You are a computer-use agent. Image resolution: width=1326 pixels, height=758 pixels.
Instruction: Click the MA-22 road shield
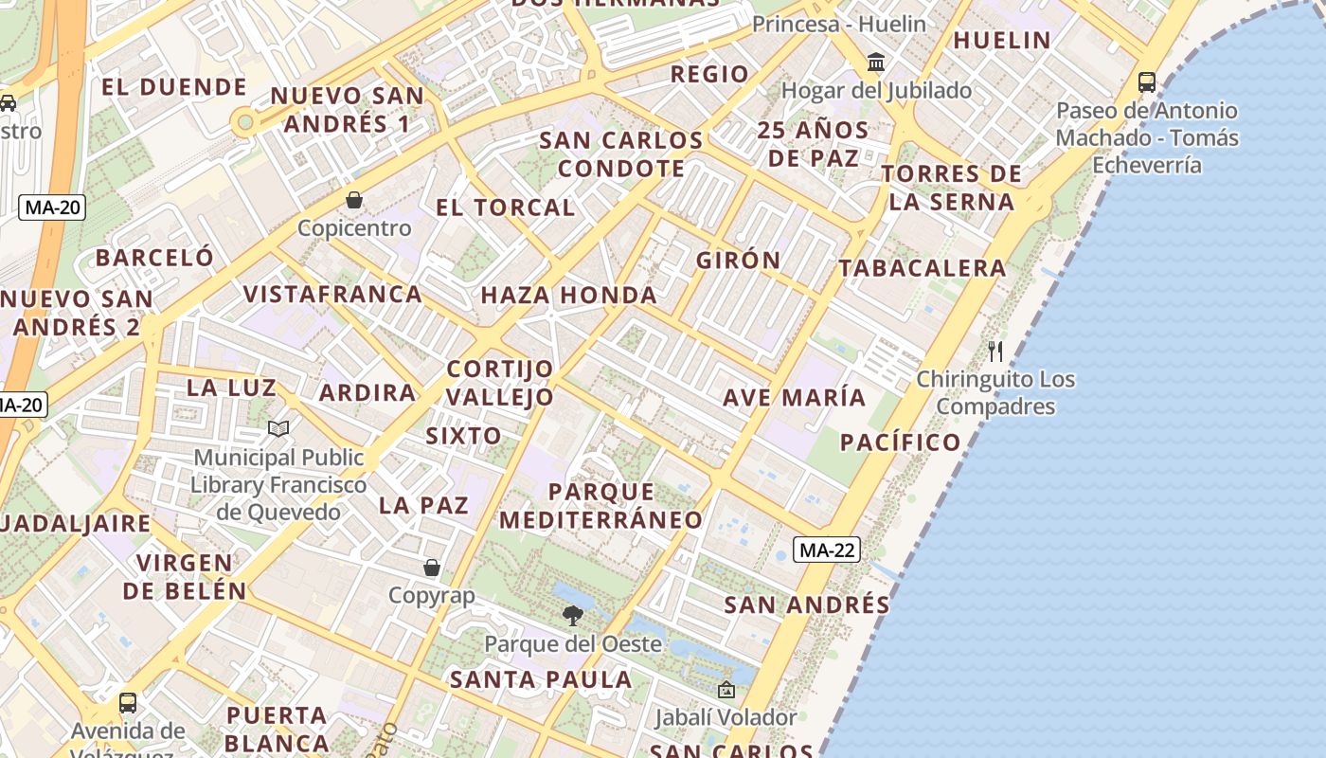pyautogui.click(x=827, y=550)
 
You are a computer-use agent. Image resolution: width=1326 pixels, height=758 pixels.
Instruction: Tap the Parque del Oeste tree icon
pyautogui.click(x=572, y=616)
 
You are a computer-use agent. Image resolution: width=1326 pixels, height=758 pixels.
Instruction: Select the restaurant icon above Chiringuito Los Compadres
pyautogui.click(x=995, y=352)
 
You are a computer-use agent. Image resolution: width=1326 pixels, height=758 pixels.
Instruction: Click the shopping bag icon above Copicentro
pyautogui.click(x=354, y=200)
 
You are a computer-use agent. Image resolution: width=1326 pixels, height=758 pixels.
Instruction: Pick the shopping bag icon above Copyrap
pyautogui.click(x=432, y=568)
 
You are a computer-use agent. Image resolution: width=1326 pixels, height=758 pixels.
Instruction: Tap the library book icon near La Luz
pyautogui.click(x=278, y=429)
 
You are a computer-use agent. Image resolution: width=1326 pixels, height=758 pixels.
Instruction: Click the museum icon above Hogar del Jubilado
pyautogui.click(x=876, y=63)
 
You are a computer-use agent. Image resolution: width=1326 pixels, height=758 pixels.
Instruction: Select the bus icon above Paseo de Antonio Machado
pyautogui.click(x=1147, y=82)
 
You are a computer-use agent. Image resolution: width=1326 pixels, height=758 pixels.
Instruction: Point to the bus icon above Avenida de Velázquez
pyautogui.click(x=128, y=703)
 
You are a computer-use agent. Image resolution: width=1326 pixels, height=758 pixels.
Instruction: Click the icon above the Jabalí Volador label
pyautogui.click(x=726, y=690)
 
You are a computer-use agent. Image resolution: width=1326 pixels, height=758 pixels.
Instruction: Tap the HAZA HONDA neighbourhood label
pyautogui.click(x=568, y=295)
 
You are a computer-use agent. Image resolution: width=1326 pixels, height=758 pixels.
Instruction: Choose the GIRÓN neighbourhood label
pyautogui.click(x=739, y=260)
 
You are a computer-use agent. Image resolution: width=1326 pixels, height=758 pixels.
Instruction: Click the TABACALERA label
pyautogui.click(x=923, y=268)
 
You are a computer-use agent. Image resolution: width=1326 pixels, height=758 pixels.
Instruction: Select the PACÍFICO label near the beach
pyautogui.click(x=900, y=442)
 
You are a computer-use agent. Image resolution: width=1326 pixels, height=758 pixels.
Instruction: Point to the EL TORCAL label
pyautogui.click(x=505, y=208)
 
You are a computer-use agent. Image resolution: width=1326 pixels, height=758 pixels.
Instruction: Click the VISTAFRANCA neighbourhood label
pyautogui.click(x=332, y=294)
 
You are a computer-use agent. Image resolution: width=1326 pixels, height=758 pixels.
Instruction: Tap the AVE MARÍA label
pyautogui.click(x=794, y=397)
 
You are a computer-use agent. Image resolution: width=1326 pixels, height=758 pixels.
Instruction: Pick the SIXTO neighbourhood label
pyautogui.click(x=463, y=436)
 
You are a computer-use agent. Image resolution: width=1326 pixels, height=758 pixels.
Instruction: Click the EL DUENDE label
pyautogui.click(x=173, y=87)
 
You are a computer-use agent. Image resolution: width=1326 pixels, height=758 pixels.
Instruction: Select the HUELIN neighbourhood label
pyautogui.click(x=1002, y=40)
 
